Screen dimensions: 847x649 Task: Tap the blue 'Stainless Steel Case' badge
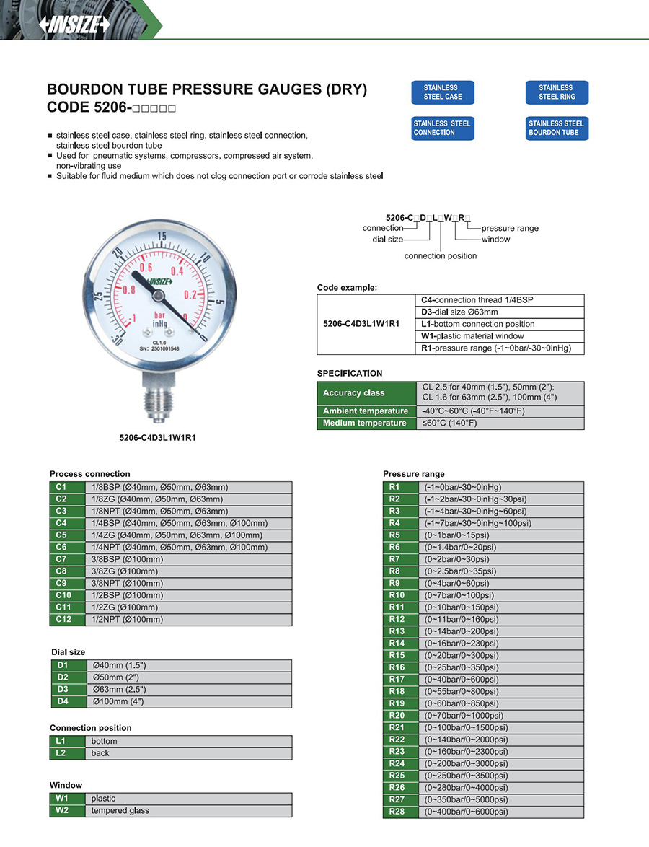443,92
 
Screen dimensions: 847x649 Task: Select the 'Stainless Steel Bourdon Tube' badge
556,128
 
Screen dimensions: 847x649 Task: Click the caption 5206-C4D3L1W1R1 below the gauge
158,437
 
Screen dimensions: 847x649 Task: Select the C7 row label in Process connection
61,559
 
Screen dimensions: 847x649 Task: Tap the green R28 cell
397,812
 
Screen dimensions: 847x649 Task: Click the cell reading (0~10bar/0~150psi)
462,607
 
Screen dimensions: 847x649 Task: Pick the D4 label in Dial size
62,701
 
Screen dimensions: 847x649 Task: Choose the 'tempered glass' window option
120,811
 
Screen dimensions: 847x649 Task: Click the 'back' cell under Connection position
100,753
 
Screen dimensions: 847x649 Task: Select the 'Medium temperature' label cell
366,423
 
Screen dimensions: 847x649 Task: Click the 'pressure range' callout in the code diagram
510,228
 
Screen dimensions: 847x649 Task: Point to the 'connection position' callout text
440,256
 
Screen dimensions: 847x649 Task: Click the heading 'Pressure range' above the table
413,474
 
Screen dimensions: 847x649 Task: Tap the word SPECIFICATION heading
350,373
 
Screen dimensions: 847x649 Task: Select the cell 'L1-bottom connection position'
478,324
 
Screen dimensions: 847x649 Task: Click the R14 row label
397,644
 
